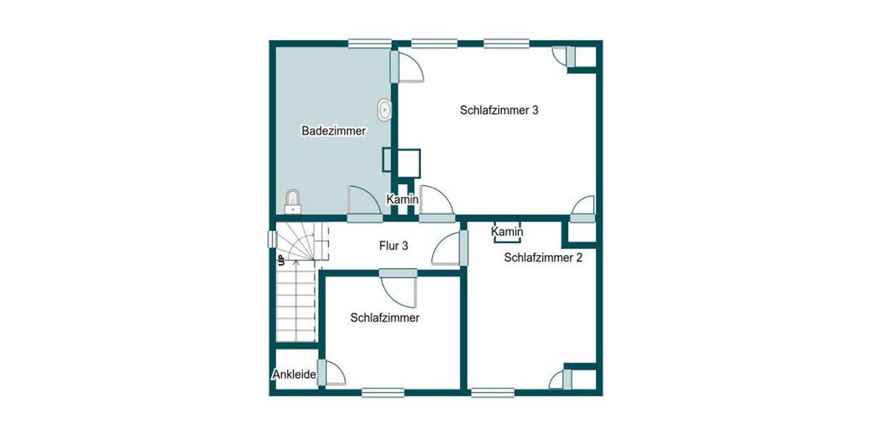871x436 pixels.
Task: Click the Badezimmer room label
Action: (333, 132)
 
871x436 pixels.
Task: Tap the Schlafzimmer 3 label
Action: (499, 110)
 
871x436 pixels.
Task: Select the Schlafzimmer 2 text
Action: (543, 257)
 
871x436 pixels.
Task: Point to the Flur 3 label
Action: (393, 246)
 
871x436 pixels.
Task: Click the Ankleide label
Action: (294, 375)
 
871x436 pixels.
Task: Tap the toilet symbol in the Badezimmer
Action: (293, 201)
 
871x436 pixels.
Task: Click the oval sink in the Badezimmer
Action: (383, 110)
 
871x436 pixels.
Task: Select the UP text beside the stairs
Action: (280, 259)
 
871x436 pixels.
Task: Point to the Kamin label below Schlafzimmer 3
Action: (401, 199)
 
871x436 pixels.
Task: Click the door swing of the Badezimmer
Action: (363, 202)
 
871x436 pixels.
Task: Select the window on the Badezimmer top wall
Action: (370, 44)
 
